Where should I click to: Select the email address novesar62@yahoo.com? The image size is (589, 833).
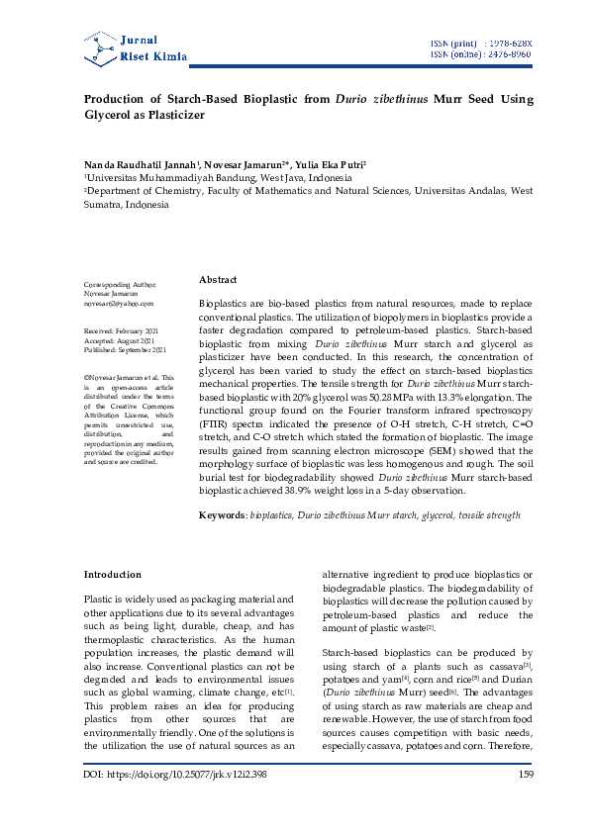[119, 304]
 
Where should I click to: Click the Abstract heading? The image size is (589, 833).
[218, 280]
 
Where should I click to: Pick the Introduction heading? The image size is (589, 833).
[112, 575]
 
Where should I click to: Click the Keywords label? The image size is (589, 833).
[223, 515]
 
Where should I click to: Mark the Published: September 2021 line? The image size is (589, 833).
[125, 349]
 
